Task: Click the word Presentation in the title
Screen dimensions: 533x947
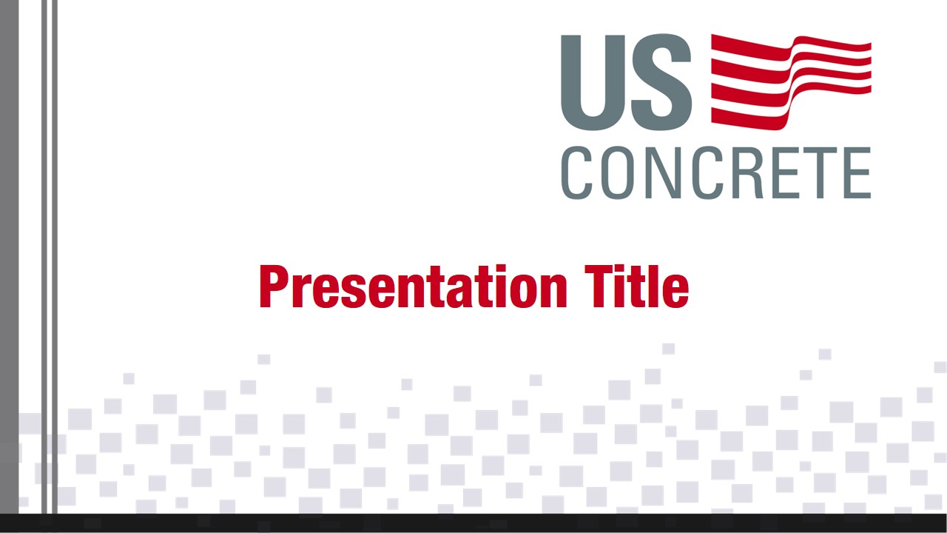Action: pos(413,287)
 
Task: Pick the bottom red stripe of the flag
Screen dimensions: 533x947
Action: pos(747,116)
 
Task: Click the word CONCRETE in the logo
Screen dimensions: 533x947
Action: pos(715,172)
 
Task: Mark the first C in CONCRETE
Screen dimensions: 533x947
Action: pos(578,172)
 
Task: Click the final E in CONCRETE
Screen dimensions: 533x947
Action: pos(857,172)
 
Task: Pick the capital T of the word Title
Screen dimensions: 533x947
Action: pos(598,287)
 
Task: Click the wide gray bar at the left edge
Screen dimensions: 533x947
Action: pos(9,222)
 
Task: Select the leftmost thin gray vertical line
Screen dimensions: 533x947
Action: pos(44,222)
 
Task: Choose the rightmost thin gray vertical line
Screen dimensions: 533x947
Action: pos(55,222)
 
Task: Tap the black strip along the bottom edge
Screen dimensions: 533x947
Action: pos(473,523)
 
